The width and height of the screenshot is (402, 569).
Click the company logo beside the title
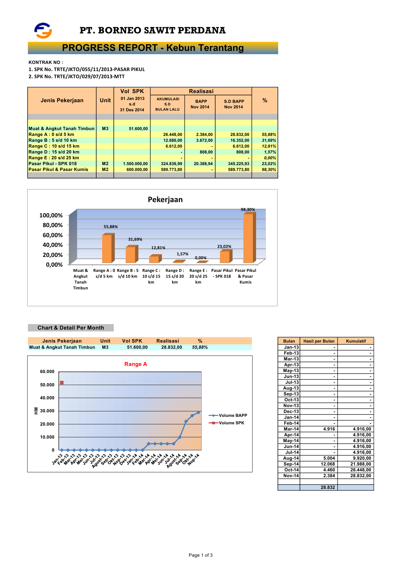pos(43,30)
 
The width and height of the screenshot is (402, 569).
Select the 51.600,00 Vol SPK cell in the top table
pos(138,129)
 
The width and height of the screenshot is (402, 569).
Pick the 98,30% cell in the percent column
pos(269,170)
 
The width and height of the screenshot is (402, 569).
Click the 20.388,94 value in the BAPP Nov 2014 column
pos(203,164)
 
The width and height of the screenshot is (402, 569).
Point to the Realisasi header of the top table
pos(201,91)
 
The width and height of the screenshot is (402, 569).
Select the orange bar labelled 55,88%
pos(107,248)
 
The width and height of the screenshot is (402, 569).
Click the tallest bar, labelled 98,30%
pos(249,238)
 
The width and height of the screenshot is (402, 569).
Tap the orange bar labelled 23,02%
pos(225,257)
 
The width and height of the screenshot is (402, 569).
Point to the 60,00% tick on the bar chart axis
pos(53,235)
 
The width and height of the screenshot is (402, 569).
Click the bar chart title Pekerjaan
pos(165,200)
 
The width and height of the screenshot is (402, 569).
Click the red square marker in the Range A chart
pos(62,383)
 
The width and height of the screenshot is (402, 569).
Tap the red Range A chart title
pos(136,364)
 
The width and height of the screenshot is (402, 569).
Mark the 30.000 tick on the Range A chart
pos(47,411)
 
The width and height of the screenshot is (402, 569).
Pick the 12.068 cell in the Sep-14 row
pos(328,464)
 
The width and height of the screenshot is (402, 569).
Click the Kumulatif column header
pos(356,341)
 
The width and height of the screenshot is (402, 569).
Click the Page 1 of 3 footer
pos(201,555)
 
